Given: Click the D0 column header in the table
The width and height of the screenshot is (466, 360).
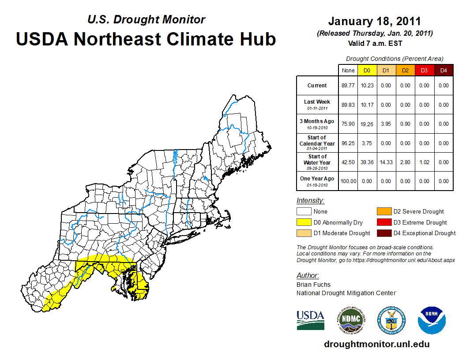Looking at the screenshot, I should pos(367,71).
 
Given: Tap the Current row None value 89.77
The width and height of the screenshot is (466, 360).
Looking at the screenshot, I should pos(348,86).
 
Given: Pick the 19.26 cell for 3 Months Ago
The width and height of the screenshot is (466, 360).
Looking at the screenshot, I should pos(367,124).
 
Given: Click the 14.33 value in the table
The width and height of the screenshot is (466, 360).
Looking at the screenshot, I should pos(386,162).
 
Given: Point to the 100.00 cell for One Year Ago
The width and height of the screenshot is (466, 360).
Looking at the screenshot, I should pos(348,181).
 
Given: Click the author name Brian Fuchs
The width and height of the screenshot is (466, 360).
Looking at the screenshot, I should pos(313,285).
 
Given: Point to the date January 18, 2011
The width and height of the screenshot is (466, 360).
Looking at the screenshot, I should pos(374,21).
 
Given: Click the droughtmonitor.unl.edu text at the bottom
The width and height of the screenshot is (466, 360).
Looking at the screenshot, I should pos(376,344).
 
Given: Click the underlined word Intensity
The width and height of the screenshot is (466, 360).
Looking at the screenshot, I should pos(310,201).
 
